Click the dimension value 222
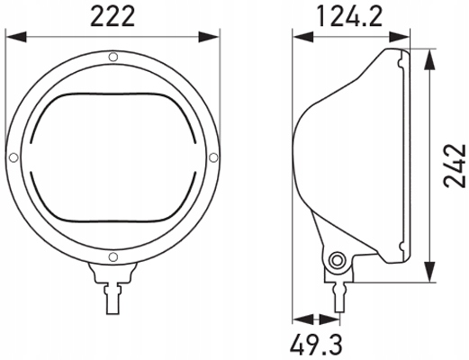point(113,15)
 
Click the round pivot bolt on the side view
point(338,261)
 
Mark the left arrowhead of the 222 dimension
point(10,37)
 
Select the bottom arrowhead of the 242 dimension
point(432,274)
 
